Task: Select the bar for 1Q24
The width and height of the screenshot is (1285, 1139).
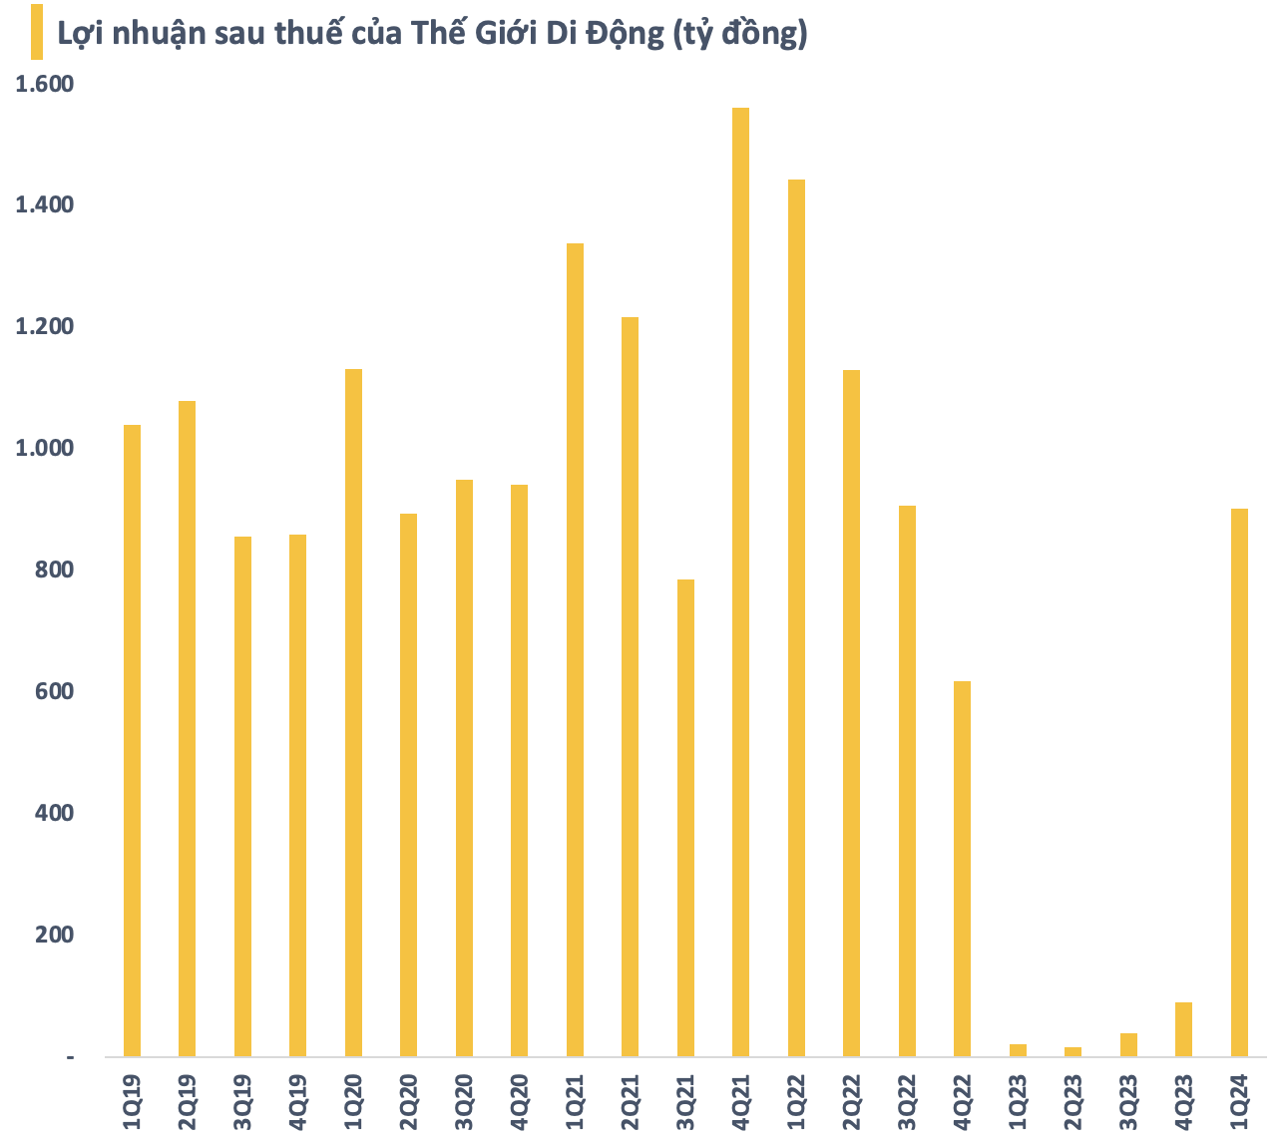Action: point(1239,782)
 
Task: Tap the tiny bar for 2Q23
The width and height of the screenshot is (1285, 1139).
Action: point(1072,1051)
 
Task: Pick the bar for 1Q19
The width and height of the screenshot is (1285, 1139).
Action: point(132,740)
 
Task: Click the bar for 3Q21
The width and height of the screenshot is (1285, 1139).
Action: point(685,818)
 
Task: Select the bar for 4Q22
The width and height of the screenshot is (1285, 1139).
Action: point(962,869)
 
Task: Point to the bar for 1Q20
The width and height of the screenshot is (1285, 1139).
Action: point(353,712)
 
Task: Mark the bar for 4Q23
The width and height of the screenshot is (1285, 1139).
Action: point(1183,1029)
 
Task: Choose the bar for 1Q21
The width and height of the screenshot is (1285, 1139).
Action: point(575,649)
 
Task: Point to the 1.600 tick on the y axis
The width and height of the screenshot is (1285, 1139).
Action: point(44,84)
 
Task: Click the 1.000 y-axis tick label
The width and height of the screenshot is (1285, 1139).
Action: point(44,449)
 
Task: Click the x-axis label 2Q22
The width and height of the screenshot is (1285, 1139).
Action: point(851,1101)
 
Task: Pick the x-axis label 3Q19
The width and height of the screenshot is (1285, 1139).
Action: point(242,1101)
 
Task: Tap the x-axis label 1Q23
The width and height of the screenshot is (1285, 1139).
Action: point(1018,1101)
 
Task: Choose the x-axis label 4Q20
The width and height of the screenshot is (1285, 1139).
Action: point(519,1101)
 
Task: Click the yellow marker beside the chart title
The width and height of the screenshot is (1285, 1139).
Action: point(37,31)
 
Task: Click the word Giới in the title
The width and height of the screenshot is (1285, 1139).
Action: point(465,34)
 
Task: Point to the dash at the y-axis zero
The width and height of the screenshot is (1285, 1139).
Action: point(70,1056)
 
